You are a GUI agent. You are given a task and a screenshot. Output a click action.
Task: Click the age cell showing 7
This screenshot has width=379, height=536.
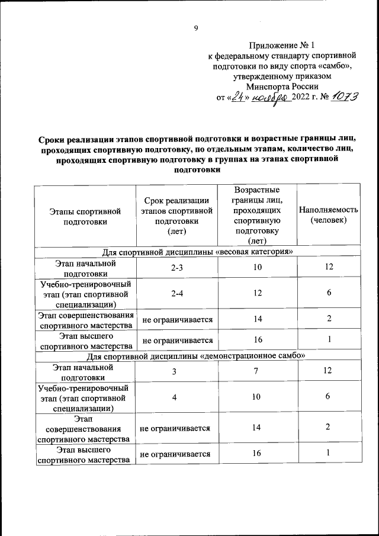(x=257, y=371)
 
